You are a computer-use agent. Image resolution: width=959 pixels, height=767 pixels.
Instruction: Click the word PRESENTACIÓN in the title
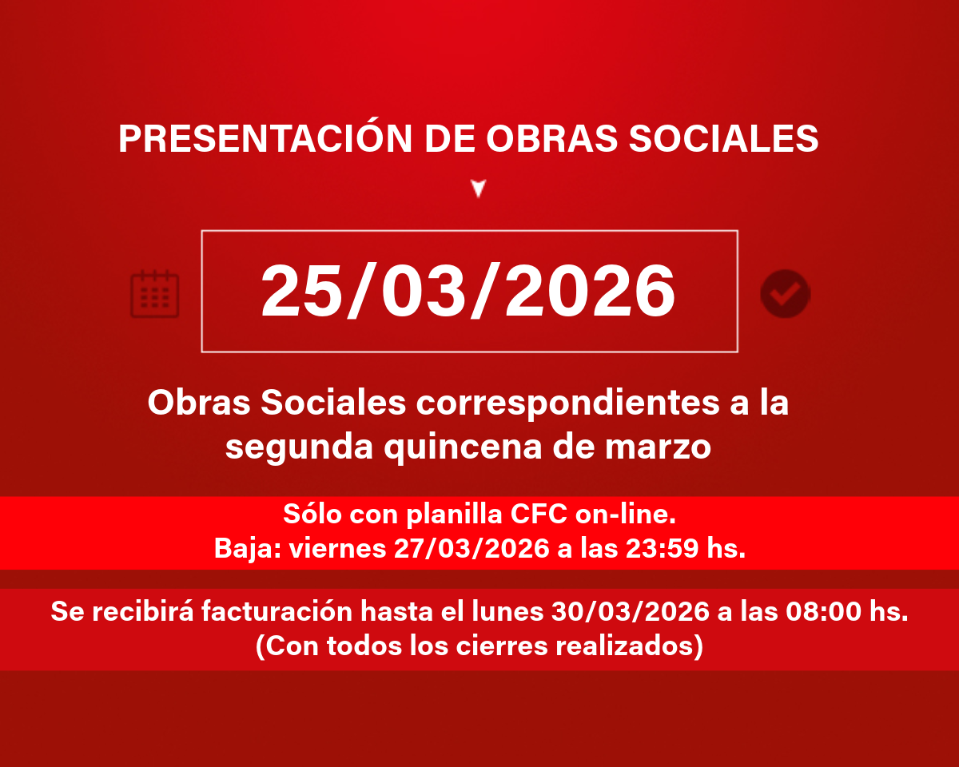265,137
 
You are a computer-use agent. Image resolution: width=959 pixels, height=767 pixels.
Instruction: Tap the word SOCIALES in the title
723,138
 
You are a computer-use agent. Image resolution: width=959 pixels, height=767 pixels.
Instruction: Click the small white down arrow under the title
479,189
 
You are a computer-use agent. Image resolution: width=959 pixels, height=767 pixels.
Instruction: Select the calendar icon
154,294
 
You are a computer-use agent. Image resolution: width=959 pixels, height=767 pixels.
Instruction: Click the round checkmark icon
786,294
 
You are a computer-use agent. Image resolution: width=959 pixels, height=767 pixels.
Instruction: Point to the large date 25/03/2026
468,291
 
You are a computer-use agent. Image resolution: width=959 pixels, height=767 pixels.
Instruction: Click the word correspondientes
567,403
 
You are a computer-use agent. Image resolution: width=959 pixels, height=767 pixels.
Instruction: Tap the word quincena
463,447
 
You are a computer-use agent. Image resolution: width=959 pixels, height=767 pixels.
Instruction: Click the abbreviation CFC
539,515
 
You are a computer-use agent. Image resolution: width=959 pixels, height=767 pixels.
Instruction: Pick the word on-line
625,515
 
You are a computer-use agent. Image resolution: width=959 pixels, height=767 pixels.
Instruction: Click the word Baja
247,548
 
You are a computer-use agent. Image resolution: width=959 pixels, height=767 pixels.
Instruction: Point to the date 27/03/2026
472,548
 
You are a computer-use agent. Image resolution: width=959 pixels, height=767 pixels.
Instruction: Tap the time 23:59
662,548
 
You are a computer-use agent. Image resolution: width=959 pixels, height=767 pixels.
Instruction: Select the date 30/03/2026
630,611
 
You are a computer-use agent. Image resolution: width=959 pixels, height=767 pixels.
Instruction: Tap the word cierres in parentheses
501,646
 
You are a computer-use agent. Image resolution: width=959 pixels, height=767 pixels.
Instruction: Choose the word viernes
337,549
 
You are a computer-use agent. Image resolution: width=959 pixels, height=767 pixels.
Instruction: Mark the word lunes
507,611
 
